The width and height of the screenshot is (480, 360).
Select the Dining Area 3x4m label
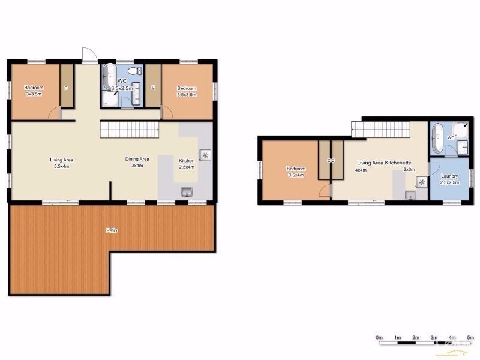pyautogui.click(x=137, y=162)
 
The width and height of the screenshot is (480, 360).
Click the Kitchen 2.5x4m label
pyautogui.click(x=187, y=163)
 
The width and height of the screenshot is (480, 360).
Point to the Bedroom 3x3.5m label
pyautogui.click(x=32, y=91)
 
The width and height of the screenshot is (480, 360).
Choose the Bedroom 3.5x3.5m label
pyautogui.click(x=187, y=91)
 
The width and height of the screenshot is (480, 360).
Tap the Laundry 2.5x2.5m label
pyautogui.click(x=449, y=179)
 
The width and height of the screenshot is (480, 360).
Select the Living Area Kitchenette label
pyautogui.click(x=384, y=163)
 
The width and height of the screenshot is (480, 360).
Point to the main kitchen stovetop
pyautogui.click(x=205, y=155)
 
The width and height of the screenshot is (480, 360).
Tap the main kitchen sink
pyautogui.click(x=187, y=191)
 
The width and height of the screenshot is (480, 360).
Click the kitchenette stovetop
pyautogui.click(x=422, y=182)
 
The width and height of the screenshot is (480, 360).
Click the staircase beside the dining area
pyautogui.click(x=128, y=128)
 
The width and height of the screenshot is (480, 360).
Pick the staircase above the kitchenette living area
pyautogui.click(x=380, y=128)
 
